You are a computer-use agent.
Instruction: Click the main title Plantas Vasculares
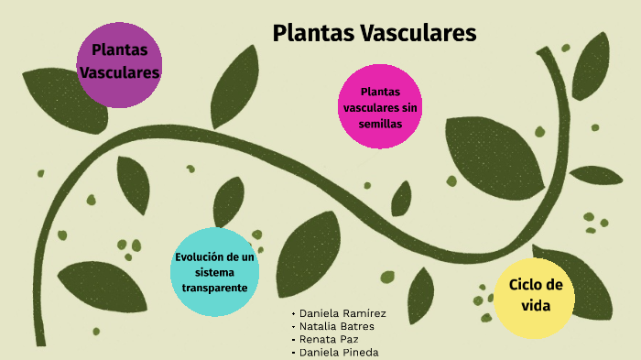(375, 33)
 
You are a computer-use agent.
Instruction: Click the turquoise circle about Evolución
(215, 271)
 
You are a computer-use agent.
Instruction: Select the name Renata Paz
(329, 339)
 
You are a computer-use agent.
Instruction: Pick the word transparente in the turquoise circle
(215, 287)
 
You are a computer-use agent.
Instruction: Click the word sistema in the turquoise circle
(215, 272)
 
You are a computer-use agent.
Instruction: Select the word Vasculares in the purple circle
(120, 71)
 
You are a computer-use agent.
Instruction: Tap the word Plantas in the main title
(314, 33)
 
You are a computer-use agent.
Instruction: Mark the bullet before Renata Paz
(292, 340)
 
